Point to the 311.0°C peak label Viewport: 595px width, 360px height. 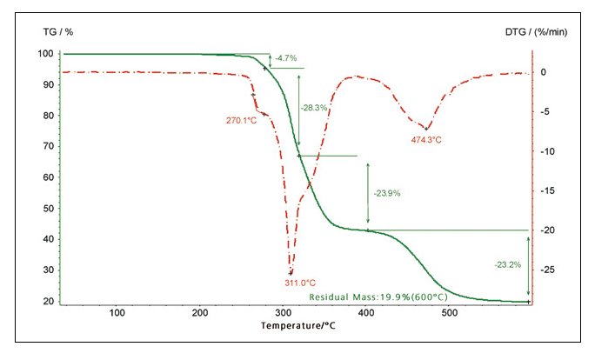tap(300, 283)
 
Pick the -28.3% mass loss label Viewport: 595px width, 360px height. tap(313, 108)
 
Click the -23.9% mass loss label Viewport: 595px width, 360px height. tap(386, 193)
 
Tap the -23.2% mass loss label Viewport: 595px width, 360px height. tap(508, 263)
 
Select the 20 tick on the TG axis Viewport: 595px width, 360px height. tap(49, 302)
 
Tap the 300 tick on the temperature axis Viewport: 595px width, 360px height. tap(284, 313)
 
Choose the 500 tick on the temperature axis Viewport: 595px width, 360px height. tap(450, 313)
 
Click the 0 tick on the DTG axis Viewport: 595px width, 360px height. tap(541, 72)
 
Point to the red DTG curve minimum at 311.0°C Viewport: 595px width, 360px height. tap(291, 273)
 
